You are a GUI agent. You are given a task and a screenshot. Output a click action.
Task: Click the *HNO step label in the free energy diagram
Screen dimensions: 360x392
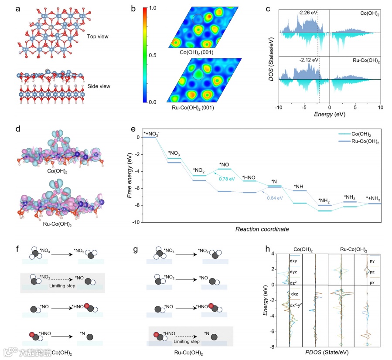249,177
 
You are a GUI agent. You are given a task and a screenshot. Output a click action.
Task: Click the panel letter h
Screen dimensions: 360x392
267,249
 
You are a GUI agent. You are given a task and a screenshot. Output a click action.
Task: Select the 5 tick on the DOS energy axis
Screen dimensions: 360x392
355,107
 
